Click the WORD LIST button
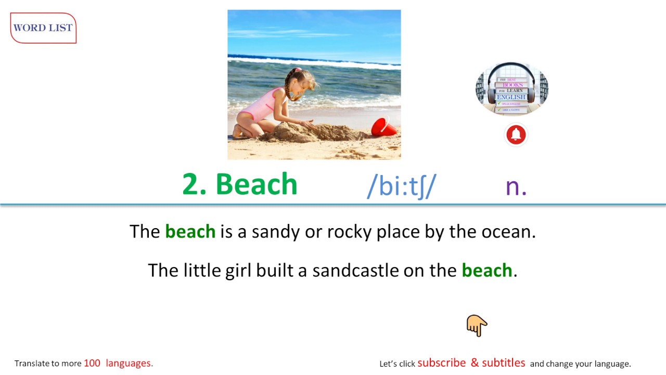pyautogui.click(x=43, y=28)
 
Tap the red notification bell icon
pyautogui.click(x=516, y=135)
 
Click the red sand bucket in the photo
pyautogui.click(x=383, y=127)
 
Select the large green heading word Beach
pyautogui.click(x=256, y=184)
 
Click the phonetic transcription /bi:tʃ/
pyautogui.click(x=402, y=186)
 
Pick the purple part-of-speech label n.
pyautogui.click(x=516, y=186)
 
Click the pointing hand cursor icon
pyautogui.click(x=476, y=326)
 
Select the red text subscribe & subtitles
pyautogui.click(x=471, y=362)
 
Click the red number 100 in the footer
pyautogui.click(x=92, y=363)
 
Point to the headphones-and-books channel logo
pyautogui.click(x=511, y=89)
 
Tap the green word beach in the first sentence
pyautogui.click(x=190, y=231)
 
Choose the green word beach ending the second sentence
pyautogui.click(x=486, y=270)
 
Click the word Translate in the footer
pyautogui.click(x=32, y=363)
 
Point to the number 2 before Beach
pyautogui.click(x=191, y=184)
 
